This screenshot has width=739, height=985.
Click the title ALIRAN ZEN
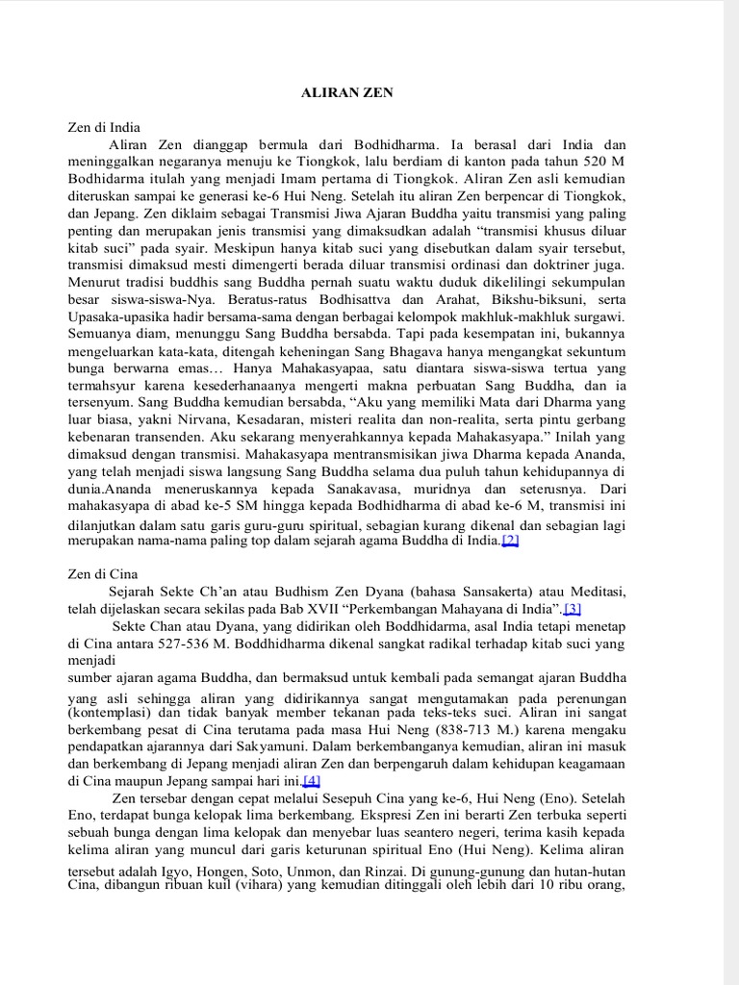pos(347,92)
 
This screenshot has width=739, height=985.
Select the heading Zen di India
pos(104,126)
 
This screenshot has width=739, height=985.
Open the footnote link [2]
pos(509,541)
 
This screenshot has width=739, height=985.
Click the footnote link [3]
pos(573,608)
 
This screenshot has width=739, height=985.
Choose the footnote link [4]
pos(311,780)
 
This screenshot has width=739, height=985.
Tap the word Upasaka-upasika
pos(121,316)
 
